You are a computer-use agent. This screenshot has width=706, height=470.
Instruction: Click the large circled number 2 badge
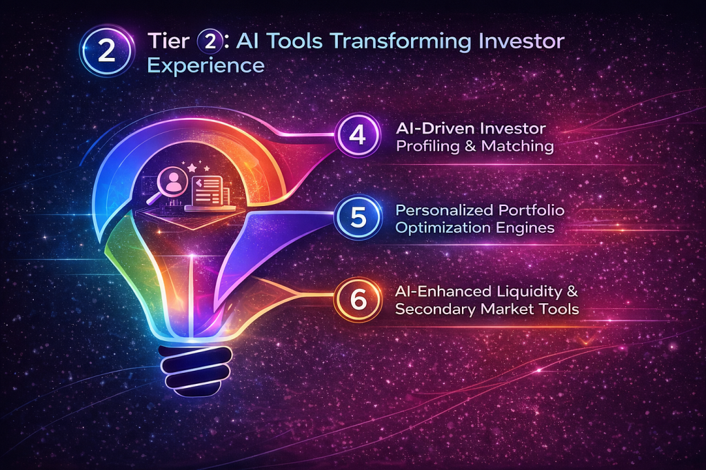click(107, 51)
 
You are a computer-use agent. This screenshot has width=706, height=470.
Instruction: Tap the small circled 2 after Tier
click(210, 42)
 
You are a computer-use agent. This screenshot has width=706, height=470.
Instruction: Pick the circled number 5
click(359, 217)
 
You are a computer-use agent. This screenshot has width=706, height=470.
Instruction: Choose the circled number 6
click(358, 299)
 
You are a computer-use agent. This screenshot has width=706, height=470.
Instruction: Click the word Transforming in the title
click(401, 42)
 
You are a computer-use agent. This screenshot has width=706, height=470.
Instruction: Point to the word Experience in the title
click(205, 66)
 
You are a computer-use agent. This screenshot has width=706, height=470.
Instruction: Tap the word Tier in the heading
click(168, 41)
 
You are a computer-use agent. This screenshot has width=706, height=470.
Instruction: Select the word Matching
click(517, 146)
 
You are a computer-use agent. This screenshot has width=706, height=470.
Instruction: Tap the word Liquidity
click(529, 292)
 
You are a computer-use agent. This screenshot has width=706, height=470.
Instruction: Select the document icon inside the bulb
click(208, 191)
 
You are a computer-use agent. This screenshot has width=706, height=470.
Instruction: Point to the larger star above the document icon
click(192, 168)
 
